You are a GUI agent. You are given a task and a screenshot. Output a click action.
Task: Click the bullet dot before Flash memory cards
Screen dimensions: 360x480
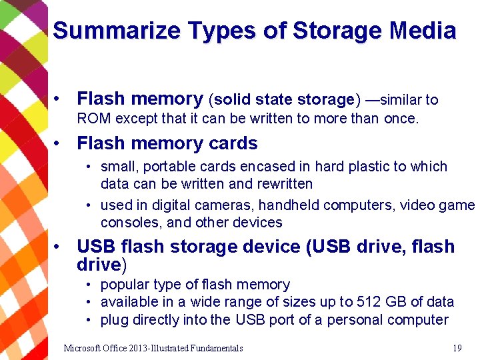click(60, 144)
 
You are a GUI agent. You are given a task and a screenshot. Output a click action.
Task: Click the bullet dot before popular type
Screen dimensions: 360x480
click(89, 285)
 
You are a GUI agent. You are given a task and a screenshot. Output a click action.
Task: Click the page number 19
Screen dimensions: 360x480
click(457, 348)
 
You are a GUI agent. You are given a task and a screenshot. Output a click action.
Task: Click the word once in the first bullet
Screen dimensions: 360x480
click(400, 119)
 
